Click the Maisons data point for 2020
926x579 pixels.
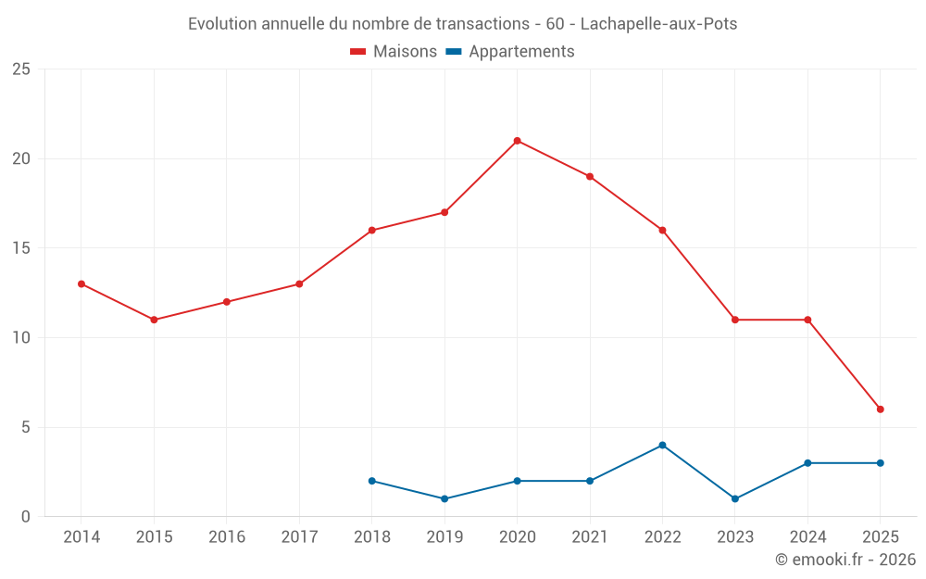click(517, 141)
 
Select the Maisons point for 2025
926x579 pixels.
click(881, 409)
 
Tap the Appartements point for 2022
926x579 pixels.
click(662, 446)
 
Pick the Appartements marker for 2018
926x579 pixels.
click(371, 481)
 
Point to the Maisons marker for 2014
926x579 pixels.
click(81, 284)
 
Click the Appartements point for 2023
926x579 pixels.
click(735, 499)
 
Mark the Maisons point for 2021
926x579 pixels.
click(590, 177)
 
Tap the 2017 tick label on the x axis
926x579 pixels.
click(299, 537)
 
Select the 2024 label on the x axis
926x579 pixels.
click(807, 537)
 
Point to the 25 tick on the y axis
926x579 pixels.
click(21, 69)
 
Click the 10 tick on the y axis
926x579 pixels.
click(21, 338)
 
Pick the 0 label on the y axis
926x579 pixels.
click(26, 517)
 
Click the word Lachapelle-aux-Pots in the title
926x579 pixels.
click(658, 24)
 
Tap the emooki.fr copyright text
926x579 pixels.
click(845, 560)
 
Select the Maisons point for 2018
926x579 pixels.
click(371, 231)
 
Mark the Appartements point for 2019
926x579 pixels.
click(444, 499)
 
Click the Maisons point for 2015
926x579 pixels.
click(154, 320)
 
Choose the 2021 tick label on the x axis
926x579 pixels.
click(590, 537)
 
